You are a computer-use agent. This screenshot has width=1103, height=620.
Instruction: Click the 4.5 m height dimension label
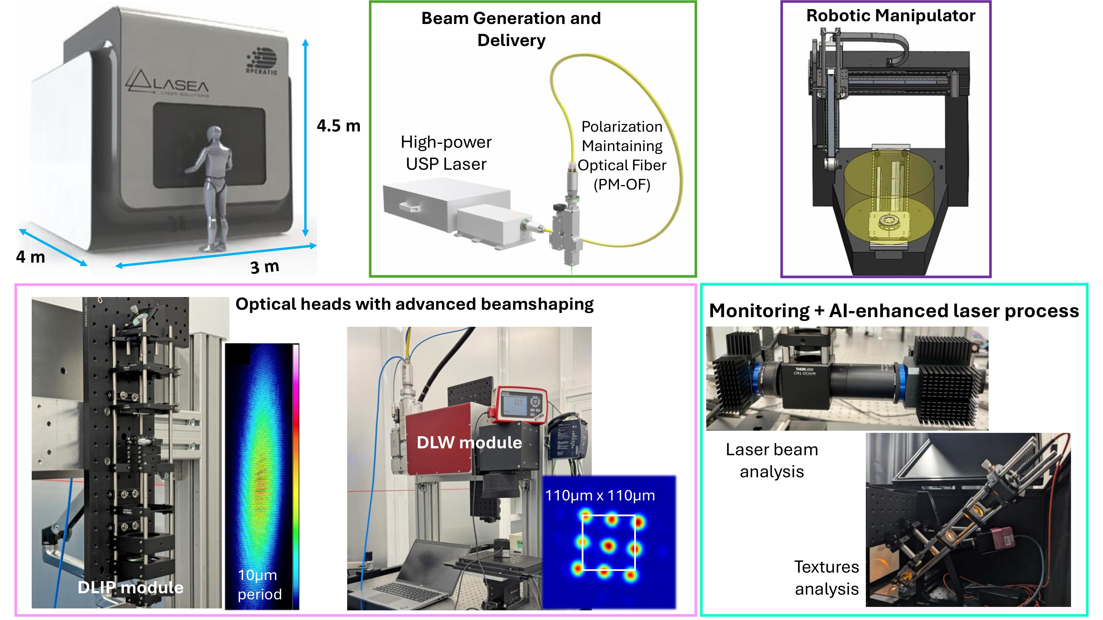338,126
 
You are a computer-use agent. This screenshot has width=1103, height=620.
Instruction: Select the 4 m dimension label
30,257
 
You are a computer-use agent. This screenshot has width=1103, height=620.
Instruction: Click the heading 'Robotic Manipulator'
891,16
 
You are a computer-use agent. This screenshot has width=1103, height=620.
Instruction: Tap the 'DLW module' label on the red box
469,443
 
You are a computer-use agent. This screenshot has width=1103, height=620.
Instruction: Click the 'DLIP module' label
131,587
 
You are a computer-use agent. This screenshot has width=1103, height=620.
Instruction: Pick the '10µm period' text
259,584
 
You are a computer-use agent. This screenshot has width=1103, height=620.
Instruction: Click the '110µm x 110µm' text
600,495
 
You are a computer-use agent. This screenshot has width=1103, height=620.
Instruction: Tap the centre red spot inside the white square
608,546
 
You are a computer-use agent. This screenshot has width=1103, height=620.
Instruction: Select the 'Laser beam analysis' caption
772,460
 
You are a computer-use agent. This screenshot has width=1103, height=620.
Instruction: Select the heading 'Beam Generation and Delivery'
511,29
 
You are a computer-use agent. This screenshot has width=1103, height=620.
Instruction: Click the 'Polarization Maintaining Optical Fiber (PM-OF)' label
622,155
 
